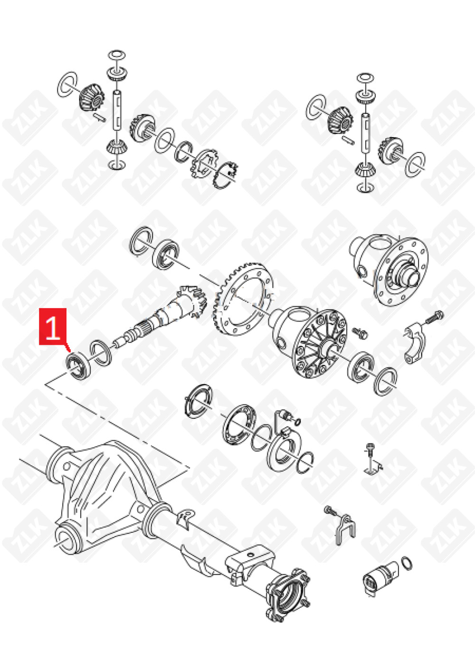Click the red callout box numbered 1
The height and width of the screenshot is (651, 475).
click(x=53, y=330)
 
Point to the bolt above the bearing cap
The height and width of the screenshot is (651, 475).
click(x=435, y=317)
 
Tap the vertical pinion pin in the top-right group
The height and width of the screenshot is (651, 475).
click(x=365, y=132)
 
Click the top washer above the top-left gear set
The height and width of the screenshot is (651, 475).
click(x=117, y=55)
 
